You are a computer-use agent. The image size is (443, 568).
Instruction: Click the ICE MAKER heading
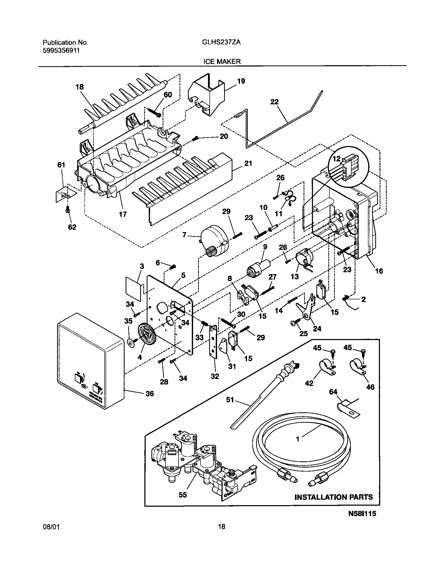[221, 62]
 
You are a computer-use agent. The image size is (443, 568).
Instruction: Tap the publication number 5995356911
[61, 50]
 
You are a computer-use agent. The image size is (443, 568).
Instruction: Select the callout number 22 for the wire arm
[274, 102]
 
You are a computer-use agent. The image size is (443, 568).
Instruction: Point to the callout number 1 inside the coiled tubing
[298, 439]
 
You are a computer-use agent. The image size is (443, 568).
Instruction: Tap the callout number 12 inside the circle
[336, 159]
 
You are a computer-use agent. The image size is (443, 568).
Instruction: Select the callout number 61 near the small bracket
[61, 165]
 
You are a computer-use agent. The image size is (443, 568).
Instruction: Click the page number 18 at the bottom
[221, 541]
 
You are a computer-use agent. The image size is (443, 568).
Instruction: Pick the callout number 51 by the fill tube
[230, 400]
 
